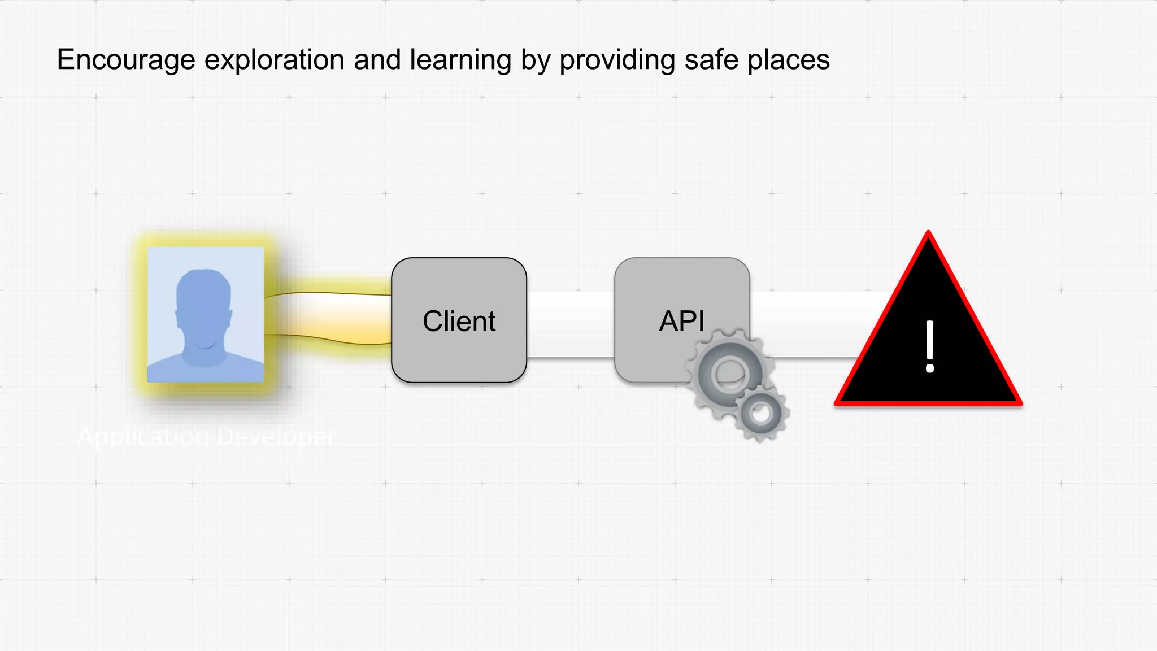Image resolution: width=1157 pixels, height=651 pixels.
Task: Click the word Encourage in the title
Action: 126,60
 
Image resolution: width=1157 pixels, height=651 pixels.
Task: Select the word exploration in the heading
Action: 274,60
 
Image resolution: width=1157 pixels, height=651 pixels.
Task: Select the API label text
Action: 681,322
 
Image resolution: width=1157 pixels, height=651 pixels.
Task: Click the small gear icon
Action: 762,414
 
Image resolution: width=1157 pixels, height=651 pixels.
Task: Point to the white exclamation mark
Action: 929,347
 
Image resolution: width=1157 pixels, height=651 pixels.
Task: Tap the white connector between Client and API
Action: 571,324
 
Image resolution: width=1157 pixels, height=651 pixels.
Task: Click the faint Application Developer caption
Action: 207,437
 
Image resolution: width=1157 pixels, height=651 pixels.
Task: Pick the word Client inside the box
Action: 459,322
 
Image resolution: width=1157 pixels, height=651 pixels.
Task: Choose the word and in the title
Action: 377,60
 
